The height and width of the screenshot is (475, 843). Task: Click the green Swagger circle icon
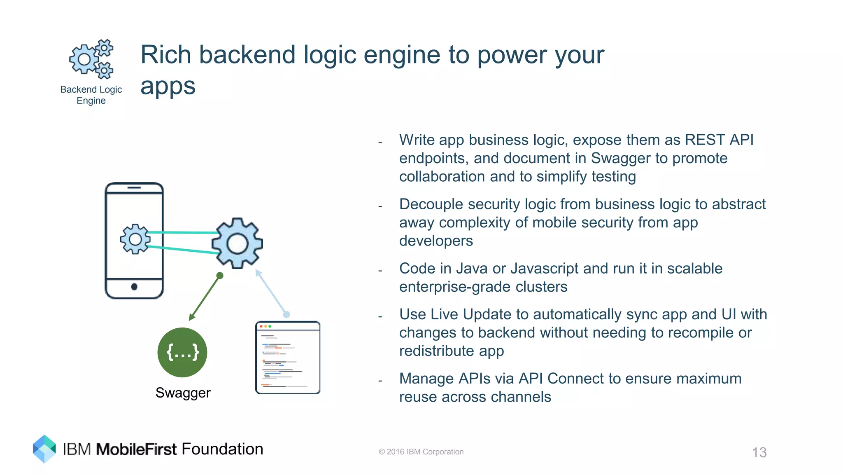pos(182,352)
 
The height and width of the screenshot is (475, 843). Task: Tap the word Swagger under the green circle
pos(183,393)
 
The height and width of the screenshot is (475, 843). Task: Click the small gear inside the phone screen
pos(135,239)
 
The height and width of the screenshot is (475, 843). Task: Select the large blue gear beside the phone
pos(237,243)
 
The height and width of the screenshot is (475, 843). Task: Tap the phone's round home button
pos(134,287)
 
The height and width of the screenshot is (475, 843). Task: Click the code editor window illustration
pos(288,358)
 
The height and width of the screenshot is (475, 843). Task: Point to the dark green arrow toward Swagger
pos(205,297)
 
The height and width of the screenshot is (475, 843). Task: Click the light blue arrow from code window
pos(271,292)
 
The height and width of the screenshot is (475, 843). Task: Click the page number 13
pos(759,452)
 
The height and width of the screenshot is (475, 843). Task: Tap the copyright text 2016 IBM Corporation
pos(421,452)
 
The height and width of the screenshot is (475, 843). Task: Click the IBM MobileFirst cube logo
pos(44,449)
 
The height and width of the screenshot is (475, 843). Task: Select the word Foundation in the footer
pos(222,449)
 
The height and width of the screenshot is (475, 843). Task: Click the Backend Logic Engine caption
pos(91,95)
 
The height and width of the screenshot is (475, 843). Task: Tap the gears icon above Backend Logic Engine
pos(91,59)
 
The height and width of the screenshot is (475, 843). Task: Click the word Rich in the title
pos(166,55)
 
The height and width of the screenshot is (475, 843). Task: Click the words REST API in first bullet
pos(719,140)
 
